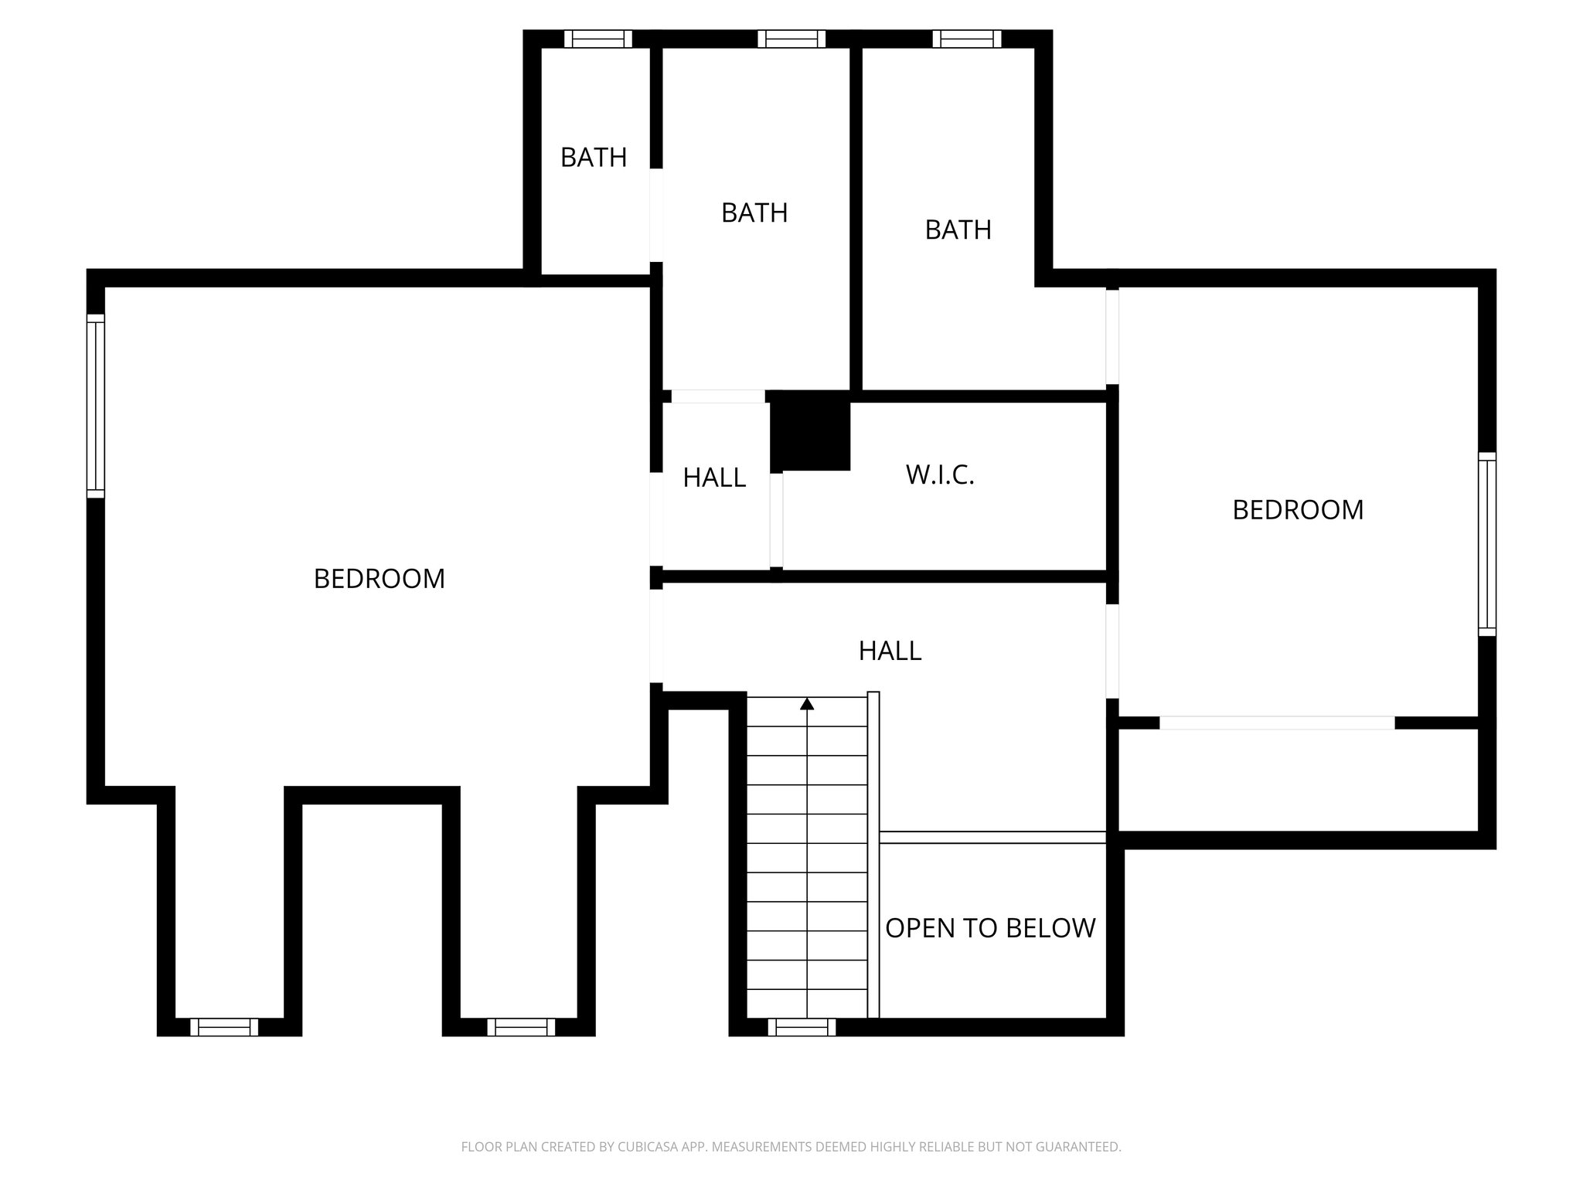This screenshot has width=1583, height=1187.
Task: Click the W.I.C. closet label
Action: point(940,474)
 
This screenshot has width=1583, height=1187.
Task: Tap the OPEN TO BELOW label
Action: point(990,928)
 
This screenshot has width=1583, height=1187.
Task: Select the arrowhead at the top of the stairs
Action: point(807,703)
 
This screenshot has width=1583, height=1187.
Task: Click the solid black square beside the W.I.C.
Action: point(811,431)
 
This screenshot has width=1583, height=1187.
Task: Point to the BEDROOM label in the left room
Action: point(379,579)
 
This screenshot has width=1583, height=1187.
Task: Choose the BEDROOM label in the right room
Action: point(1298,510)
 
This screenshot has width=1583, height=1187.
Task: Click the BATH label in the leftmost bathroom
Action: point(593,158)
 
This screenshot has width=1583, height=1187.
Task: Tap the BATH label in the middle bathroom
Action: point(754,213)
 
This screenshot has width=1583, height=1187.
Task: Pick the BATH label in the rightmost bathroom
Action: point(958,230)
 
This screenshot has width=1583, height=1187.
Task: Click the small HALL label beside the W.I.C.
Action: point(714,478)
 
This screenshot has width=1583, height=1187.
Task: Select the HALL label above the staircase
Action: point(890,651)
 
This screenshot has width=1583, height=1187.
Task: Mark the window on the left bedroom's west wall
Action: point(95,406)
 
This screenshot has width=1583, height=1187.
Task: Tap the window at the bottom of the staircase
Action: point(802,1027)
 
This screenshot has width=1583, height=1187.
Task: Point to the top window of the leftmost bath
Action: point(597,39)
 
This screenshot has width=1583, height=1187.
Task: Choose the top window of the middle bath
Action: point(791,39)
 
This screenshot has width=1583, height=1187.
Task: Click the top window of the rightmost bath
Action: point(966,39)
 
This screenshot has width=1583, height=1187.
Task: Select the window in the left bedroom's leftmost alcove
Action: point(224,1027)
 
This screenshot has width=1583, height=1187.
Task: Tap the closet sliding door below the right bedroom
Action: point(1277,723)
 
